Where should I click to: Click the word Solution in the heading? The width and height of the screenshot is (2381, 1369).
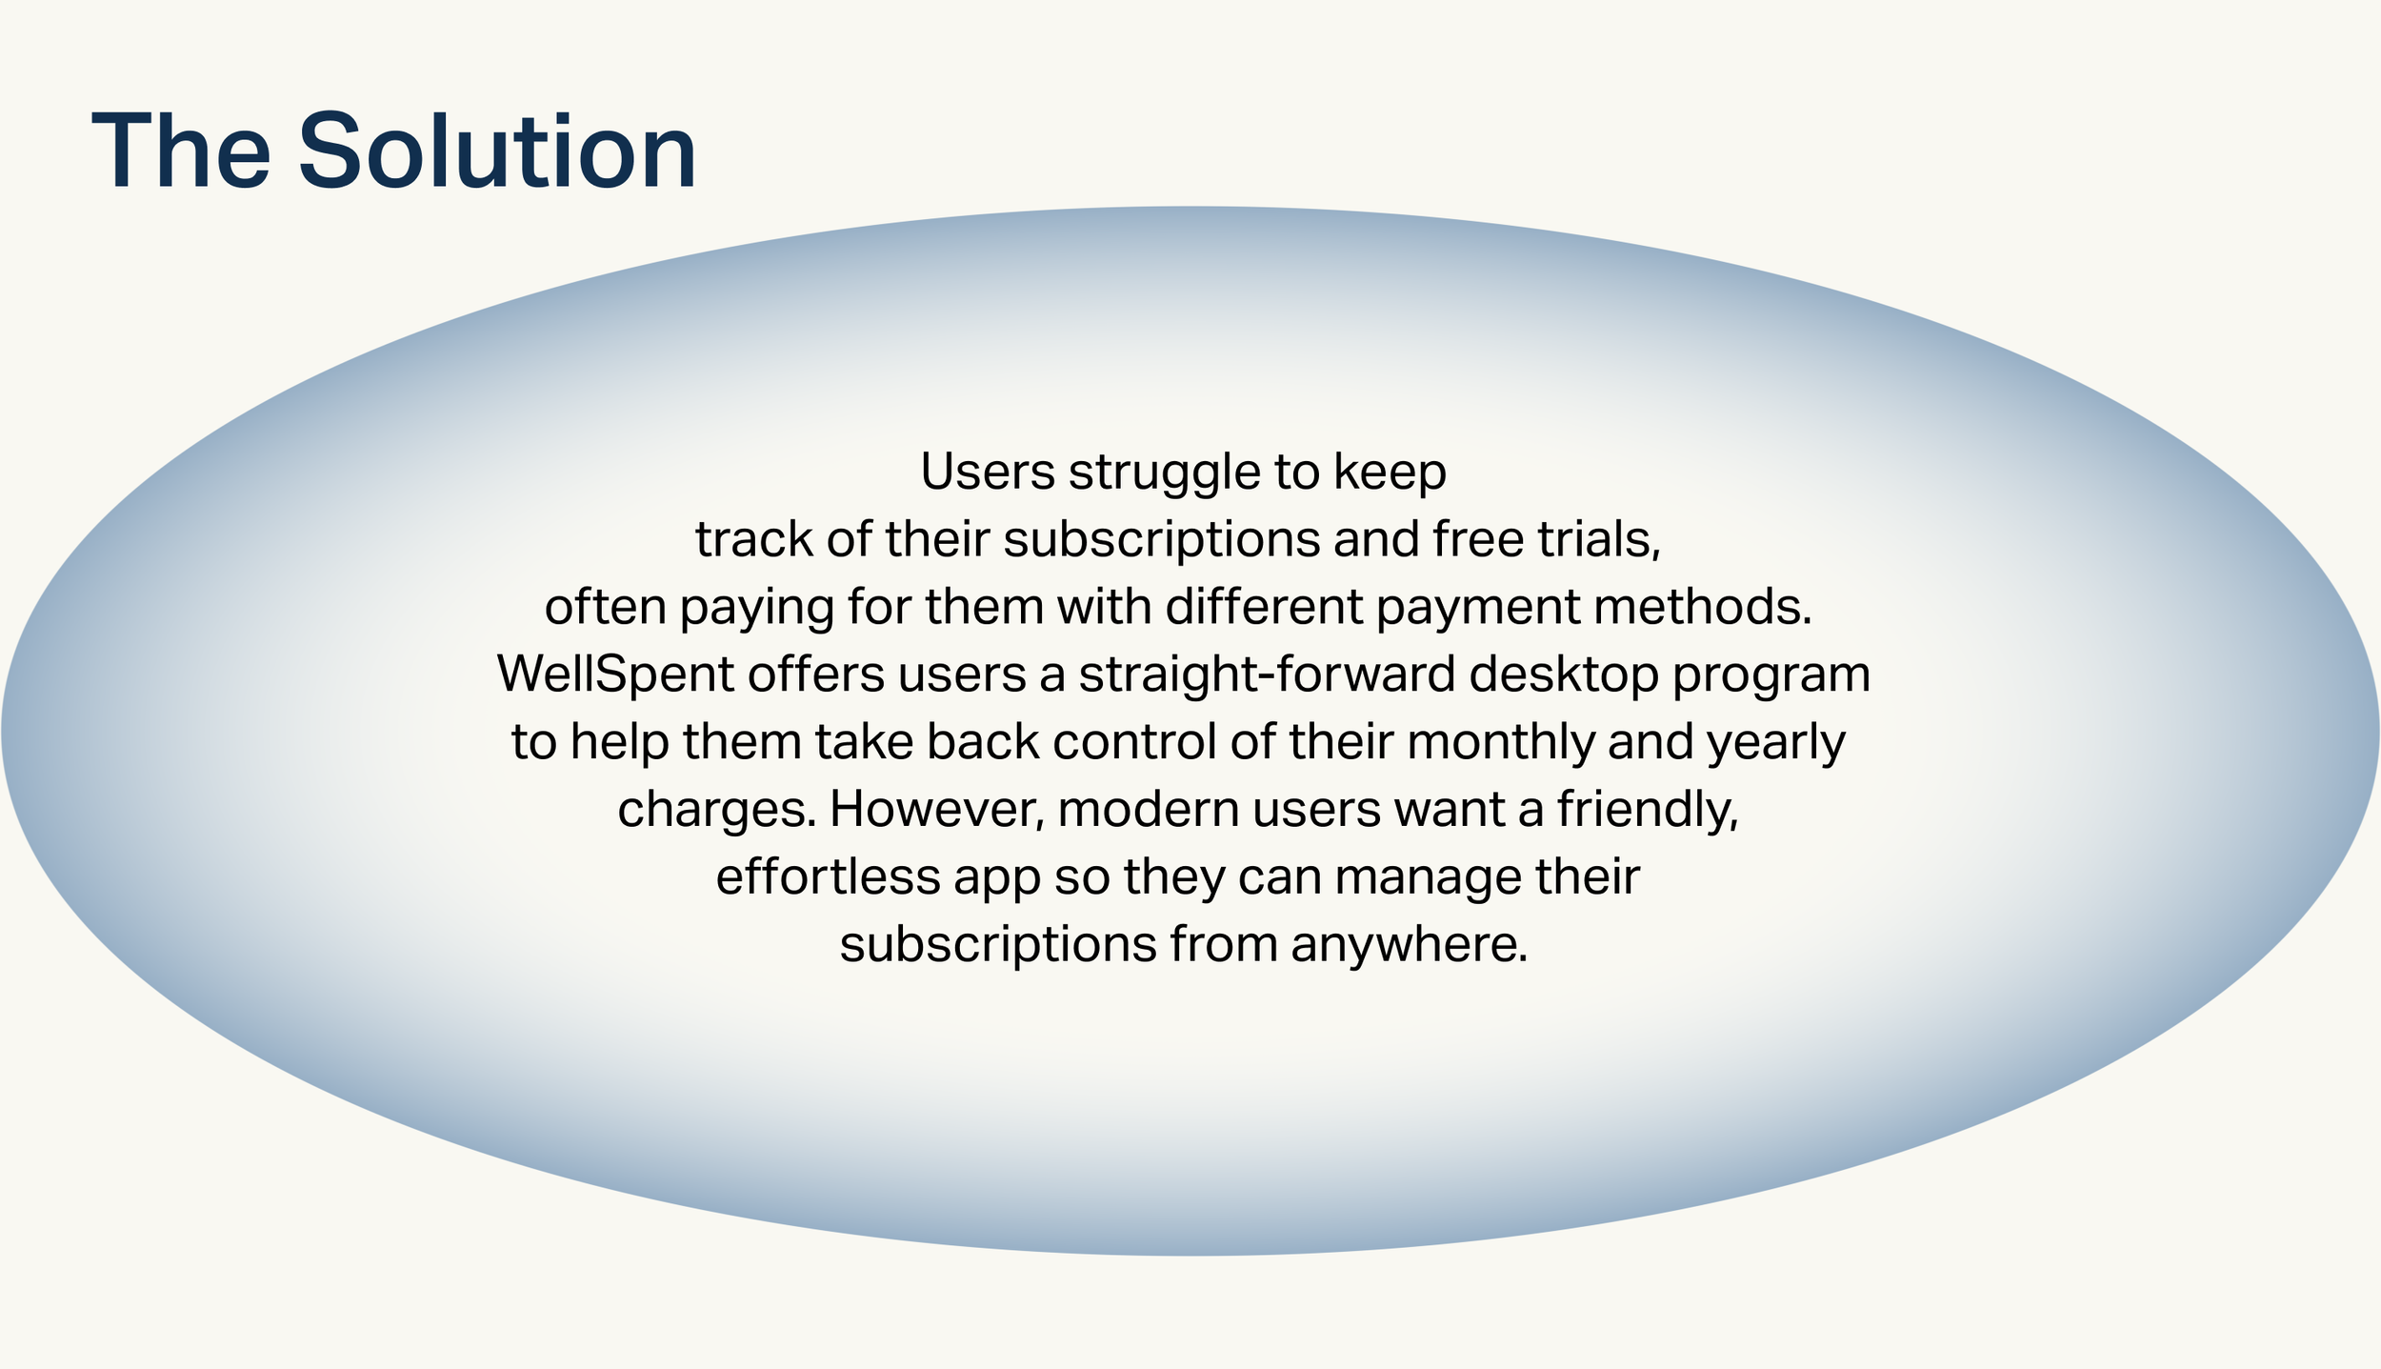point(497,151)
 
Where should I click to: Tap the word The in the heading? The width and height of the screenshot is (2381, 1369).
point(181,151)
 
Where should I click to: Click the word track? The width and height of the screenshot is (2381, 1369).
point(754,540)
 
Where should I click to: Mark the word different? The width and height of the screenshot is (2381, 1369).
point(1264,607)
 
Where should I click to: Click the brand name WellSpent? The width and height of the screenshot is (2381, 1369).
point(615,675)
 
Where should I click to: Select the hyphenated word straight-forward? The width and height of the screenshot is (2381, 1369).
point(1267,675)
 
